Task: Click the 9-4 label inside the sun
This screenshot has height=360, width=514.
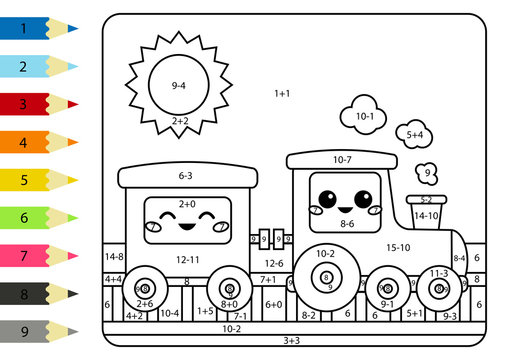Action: (179, 86)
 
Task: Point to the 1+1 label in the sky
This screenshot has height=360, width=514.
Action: (282, 93)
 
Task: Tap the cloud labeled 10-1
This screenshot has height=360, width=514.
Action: (364, 116)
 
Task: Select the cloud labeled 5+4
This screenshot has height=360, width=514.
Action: (414, 134)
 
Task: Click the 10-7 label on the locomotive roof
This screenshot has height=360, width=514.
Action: (342, 159)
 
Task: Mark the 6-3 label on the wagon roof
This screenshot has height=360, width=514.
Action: (186, 176)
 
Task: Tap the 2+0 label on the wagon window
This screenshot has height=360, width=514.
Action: (186, 204)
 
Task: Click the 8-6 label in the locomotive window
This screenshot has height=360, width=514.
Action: (347, 224)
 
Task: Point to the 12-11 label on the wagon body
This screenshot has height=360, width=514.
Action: (187, 260)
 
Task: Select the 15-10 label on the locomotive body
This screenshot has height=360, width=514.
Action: (398, 247)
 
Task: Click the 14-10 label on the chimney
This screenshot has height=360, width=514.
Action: (426, 215)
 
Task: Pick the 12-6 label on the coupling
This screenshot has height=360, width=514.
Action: (274, 263)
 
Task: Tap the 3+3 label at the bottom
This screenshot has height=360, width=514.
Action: (291, 341)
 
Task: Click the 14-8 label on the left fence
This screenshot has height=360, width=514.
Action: (113, 257)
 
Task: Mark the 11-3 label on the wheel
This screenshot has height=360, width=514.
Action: (438, 273)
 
